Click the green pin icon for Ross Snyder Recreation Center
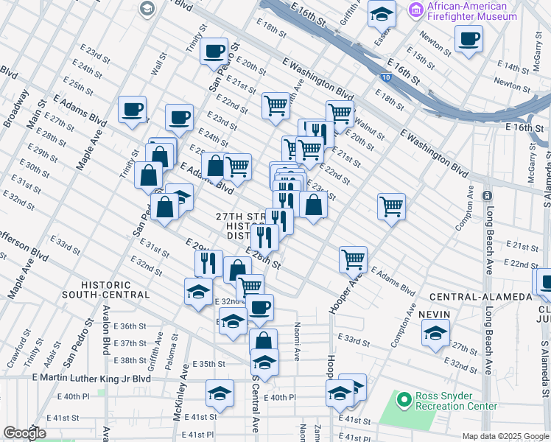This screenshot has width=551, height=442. pos(403,401)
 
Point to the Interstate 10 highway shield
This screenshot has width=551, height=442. pos(387,76)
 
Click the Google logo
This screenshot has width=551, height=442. pos(25,433)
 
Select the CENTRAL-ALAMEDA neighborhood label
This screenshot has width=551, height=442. pos(480,297)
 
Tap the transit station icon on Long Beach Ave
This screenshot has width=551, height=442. pos(487,196)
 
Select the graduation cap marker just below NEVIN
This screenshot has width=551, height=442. pos(435,334)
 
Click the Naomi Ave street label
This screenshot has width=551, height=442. pos(297,345)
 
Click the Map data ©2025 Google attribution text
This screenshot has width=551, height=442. pos(505,436)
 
